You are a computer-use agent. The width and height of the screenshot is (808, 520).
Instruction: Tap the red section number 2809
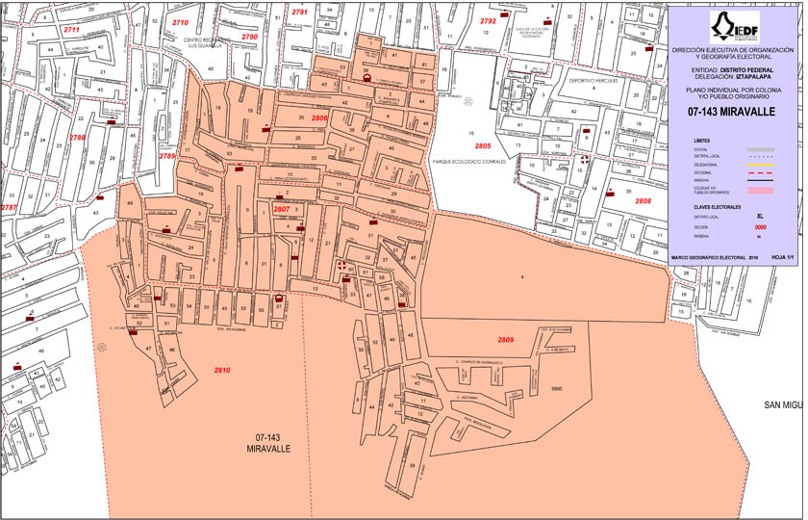[x=506, y=341]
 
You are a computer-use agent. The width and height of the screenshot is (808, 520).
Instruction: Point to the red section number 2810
[x=222, y=370]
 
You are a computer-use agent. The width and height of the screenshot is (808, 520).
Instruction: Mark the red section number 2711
[x=71, y=30]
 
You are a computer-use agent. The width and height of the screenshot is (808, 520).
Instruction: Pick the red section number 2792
[x=488, y=20]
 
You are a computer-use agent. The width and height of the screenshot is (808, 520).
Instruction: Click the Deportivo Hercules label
[x=591, y=81]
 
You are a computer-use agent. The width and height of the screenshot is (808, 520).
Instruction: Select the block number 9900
[x=555, y=388]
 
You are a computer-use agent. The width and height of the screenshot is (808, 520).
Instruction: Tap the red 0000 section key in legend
[x=760, y=226]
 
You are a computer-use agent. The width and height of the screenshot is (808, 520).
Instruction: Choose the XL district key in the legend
[x=760, y=217]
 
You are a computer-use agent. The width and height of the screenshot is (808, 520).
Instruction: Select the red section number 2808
[x=643, y=200]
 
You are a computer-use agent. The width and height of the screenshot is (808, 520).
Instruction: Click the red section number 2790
[x=249, y=37]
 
